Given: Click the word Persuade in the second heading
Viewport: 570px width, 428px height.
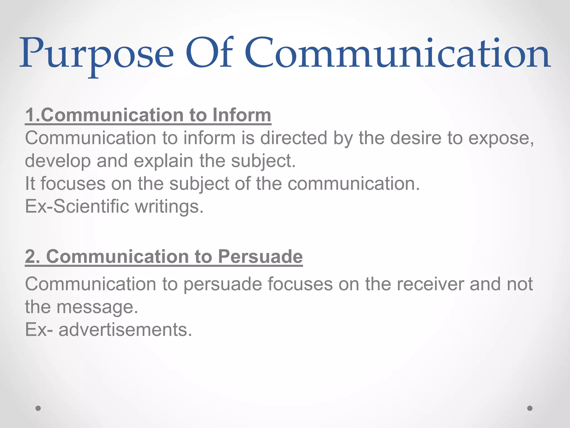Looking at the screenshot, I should pyautogui.click(x=260, y=256).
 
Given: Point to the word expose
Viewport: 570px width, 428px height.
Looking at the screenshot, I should pyautogui.click(x=501, y=138).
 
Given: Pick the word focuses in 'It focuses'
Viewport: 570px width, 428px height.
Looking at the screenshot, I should pyautogui.click(x=73, y=184).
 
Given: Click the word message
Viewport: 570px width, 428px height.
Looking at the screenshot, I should pyautogui.click(x=97, y=307).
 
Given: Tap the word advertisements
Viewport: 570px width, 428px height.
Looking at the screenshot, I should pyautogui.click(x=125, y=330).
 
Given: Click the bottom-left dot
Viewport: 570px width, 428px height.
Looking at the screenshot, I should pyautogui.click(x=38, y=408).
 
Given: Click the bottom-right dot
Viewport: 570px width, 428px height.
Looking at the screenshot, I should pyautogui.click(x=530, y=408).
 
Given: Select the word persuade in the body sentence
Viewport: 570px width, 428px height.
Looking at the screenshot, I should pyautogui.click(x=223, y=284).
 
